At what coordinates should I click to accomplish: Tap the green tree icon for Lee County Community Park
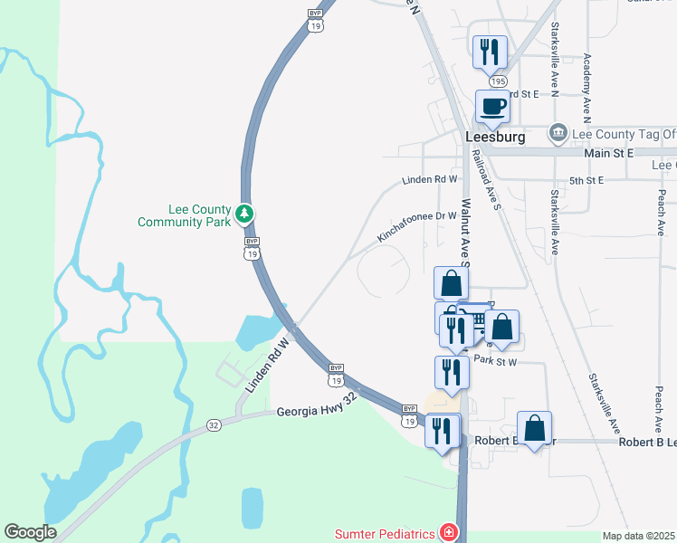pos(243,214)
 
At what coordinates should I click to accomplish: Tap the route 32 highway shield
pos(214,424)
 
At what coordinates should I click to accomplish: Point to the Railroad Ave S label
pos(487,181)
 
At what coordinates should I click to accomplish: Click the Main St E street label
pos(608,155)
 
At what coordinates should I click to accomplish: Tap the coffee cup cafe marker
pos(492,106)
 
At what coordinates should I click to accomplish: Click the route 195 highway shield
pos(499,81)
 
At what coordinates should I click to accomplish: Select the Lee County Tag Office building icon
pos(559,134)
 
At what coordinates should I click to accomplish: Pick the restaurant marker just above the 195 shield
pos(490,52)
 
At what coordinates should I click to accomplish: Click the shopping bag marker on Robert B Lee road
pos(535,428)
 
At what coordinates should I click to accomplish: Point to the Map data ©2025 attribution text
pos(639,536)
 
